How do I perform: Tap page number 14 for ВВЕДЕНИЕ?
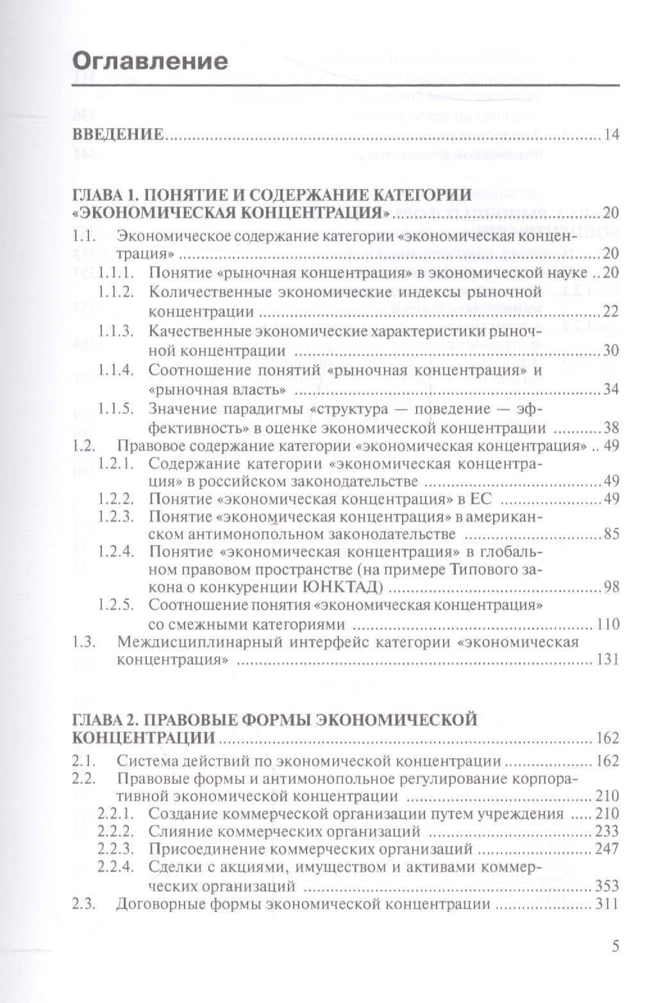tap(611, 135)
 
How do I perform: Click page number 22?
tap(611, 311)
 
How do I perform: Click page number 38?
tap(611, 428)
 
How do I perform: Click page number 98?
tap(611, 586)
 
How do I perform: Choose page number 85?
tap(611, 533)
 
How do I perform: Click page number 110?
tap(608, 624)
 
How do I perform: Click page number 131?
tap(608, 659)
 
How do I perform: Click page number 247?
tap(607, 849)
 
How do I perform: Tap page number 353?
tap(607, 886)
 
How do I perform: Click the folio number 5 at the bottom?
tap(615, 947)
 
